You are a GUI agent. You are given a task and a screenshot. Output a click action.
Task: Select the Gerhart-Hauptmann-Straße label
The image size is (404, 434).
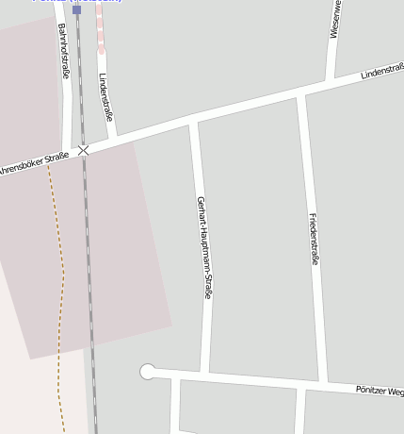click(x=202, y=247)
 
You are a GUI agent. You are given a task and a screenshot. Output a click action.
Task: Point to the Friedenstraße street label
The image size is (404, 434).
click(x=313, y=238)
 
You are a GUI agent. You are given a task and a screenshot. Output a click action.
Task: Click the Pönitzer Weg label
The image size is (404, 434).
click(x=380, y=390)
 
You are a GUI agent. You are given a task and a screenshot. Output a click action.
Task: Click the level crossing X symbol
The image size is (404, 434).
click(x=84, y=150)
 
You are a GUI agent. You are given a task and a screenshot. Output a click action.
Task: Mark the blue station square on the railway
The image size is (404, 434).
click(x=77, y=9)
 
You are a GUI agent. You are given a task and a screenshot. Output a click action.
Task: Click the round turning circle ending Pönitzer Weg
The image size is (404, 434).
click(x=148, y=372)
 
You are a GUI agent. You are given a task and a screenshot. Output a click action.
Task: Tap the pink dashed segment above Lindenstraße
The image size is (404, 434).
click(x=100, y=28)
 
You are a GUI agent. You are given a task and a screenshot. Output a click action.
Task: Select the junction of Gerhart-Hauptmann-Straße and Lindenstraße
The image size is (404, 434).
click(x=193, y=119)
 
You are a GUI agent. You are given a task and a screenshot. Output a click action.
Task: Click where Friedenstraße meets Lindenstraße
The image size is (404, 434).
click(x=301, y=92)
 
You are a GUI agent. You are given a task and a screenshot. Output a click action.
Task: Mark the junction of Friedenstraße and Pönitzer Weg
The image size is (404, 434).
click(x=321, y=384)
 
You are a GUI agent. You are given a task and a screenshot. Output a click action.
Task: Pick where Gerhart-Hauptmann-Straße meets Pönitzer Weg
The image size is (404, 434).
click(x=204, y=376)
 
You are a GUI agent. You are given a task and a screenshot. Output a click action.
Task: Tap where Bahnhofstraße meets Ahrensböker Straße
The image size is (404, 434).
click(x=66, y=154)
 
